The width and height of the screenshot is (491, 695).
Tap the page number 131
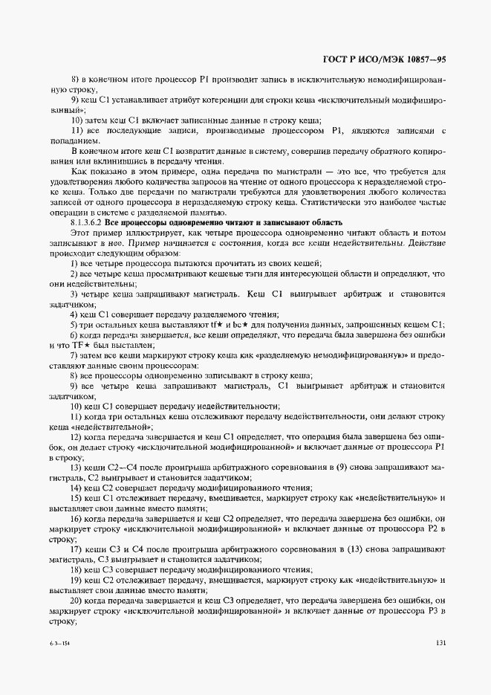pos(440,644)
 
